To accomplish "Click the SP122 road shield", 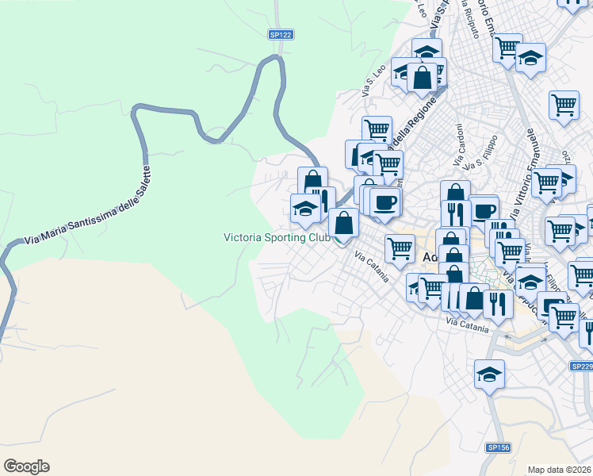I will tap(281, 35).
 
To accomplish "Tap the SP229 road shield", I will tap(582, 366).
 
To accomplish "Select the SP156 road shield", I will tap(497, 447).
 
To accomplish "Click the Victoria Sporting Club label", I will tap(277, 236).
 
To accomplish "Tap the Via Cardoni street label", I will tap(458, 144).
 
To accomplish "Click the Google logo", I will tap(26, 466).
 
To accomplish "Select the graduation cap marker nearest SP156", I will tap(489, 374).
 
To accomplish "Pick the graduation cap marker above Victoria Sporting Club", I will tap(305, 208).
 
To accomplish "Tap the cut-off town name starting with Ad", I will tap(430, 257).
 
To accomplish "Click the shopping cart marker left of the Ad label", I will tap(400, 248).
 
